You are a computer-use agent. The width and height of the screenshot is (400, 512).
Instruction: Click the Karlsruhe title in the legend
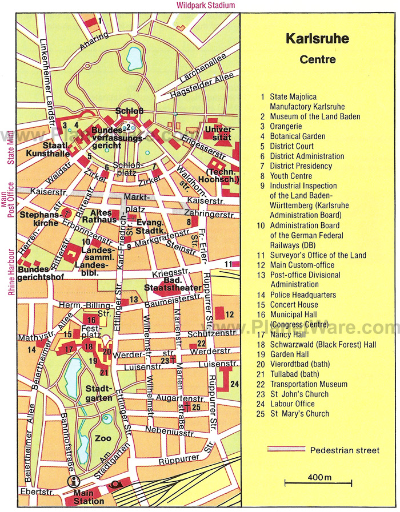click(x=318, y=40)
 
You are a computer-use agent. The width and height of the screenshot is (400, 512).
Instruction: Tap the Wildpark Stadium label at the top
click(x=206, y=5)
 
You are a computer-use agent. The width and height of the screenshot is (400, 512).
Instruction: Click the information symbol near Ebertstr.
click(x=73, y=481)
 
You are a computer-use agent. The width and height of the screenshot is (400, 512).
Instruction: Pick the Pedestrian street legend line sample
click(x=285, y=450)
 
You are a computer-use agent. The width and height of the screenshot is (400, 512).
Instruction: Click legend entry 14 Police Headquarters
click(x=303, y=295)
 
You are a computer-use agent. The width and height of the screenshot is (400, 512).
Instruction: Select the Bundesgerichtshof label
click(x=41, y=273)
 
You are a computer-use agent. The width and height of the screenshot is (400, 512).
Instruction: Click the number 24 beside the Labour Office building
click(x=234, y=384)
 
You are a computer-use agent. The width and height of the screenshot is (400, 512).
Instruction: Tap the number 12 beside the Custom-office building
click(x=230, y=314)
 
